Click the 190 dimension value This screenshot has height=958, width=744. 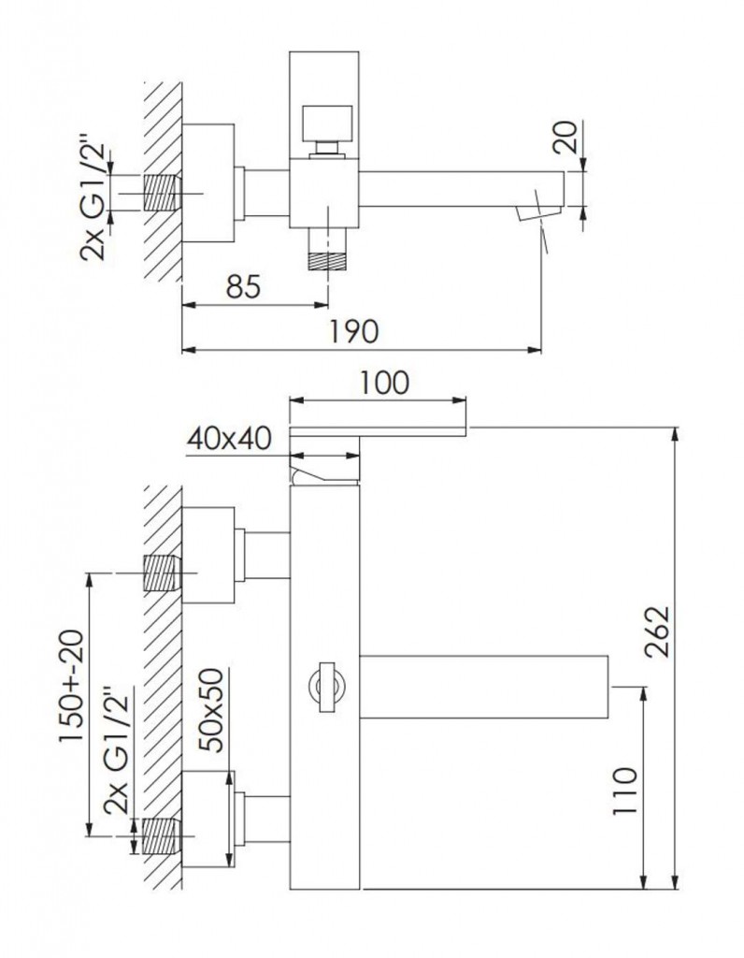[355, 331]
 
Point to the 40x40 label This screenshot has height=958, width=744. [229, 437]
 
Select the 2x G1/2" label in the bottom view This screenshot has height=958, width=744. [119, 770]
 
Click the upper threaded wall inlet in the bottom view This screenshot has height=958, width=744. [161, 572]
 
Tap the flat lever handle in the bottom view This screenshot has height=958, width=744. [379, 429]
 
